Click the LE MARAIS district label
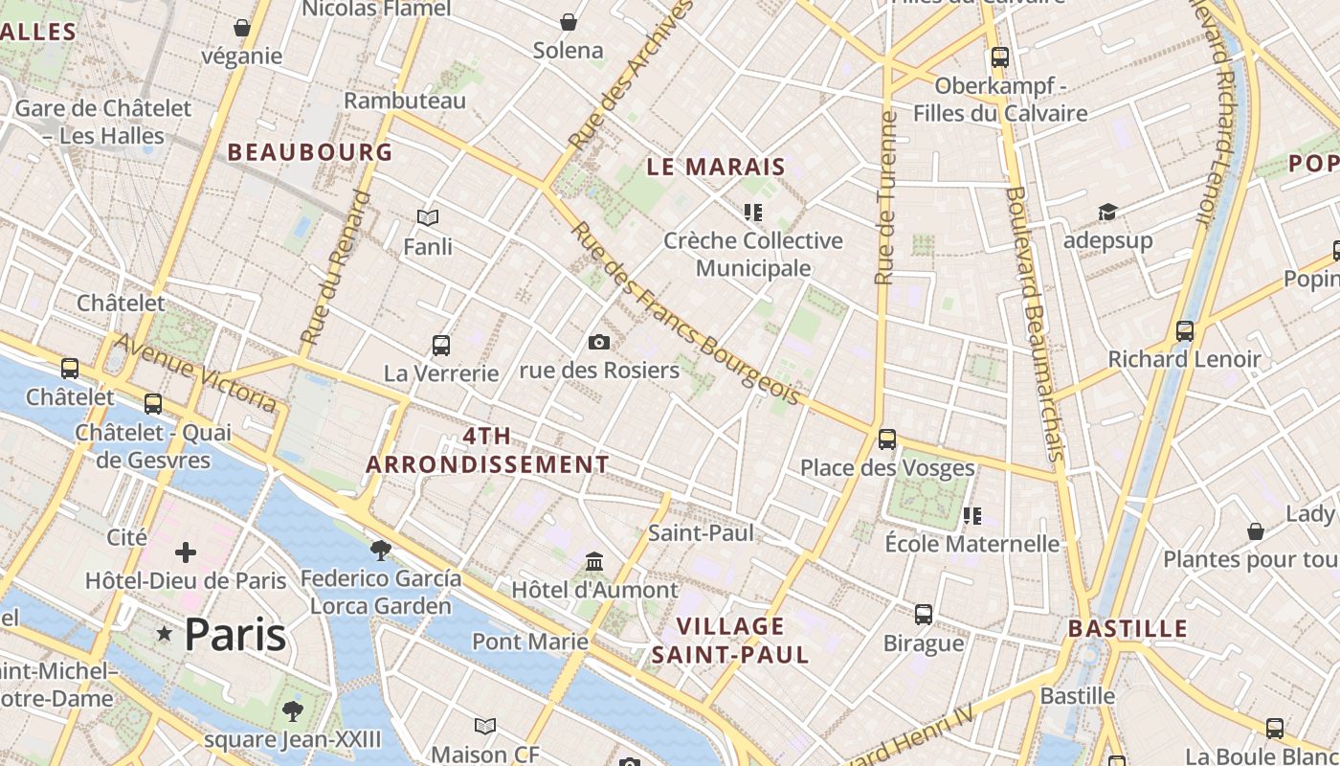click(716, 167)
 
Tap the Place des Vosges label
click(887, 468)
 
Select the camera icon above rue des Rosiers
click(599, 342)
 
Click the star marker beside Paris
click(165, 634)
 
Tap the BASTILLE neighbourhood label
click(1128, 629)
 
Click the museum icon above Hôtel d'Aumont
click(594, 561)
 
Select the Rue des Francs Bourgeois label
click(685, 313)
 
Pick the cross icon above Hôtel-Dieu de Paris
click(186, 552)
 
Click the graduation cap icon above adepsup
click(1107, 212)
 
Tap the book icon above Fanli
click(428, 218)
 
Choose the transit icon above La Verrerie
click(441, 345)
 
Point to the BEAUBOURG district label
click(310, 152)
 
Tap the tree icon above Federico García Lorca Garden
click(380, 550)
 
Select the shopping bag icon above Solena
click(569, 22)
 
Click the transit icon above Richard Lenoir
click(1185, 331)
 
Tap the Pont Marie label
click(530, 642)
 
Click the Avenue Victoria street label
click(195, 372)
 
